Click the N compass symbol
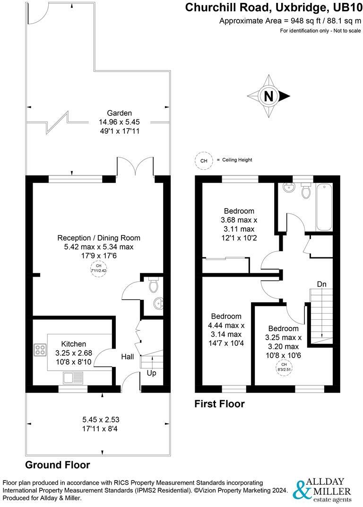tap(268, 96)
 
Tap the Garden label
tap(119, 113)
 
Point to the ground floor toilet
tap(153, 285)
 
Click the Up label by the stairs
tap(152, 373)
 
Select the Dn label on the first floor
tap(322, 284)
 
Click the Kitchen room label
tap(73, 344)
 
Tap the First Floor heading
tap(220, 404)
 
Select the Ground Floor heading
tap(57, 464)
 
